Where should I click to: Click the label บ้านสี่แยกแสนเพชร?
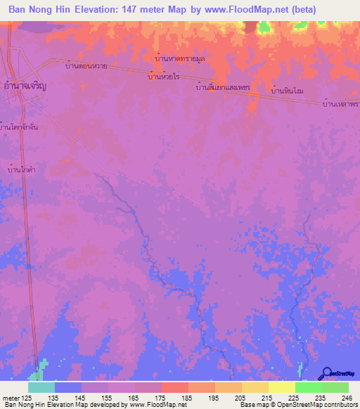(223, 89)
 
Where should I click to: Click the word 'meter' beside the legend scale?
(10, 397)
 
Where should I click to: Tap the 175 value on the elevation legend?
(161, 397)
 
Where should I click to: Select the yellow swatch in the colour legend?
(282, 387)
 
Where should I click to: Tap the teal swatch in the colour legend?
(41, 387)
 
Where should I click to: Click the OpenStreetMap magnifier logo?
(327, 373)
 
